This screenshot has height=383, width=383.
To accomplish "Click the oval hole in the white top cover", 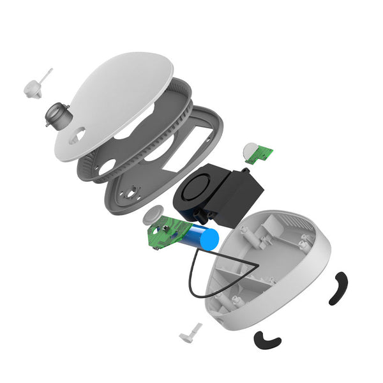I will tap(79, 135).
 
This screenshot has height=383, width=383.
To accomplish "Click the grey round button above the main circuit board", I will tap(153, 214).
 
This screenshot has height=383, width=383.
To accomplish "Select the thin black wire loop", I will tap(204, 274).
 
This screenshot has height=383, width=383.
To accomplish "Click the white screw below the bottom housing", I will tap(191, 331).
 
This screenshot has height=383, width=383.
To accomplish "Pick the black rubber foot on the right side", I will tap(338, 288).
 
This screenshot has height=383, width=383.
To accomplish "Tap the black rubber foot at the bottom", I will tap(267, 341).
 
